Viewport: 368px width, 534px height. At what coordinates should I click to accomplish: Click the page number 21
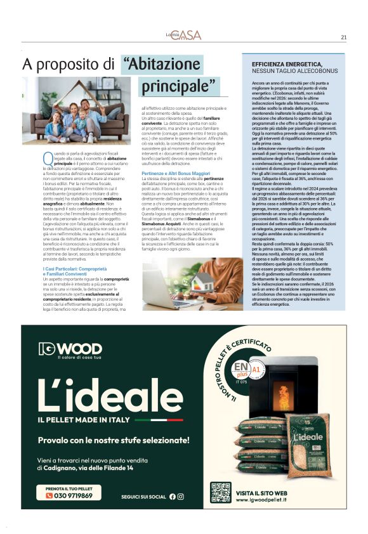(343, 37)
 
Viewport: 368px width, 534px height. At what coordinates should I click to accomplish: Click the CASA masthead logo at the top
(183, 36)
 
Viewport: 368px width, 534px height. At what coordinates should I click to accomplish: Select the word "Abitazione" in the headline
(162, 64)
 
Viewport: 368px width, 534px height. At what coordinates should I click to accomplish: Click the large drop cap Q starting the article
(46, 158)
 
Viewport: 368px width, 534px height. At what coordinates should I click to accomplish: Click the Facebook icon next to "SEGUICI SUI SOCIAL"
(172, 497)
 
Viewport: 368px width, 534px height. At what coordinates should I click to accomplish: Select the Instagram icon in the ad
(181, 497)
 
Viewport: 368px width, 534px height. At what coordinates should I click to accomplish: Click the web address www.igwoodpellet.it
(263, 500)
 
